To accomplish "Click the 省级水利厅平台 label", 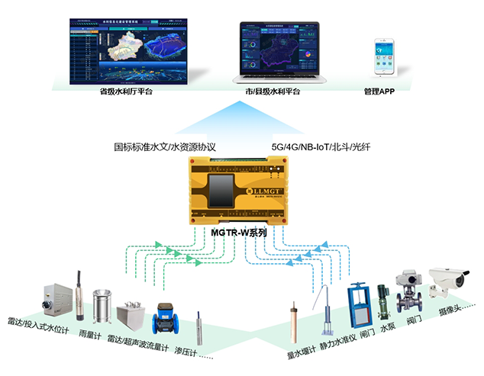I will coord(126,93).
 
